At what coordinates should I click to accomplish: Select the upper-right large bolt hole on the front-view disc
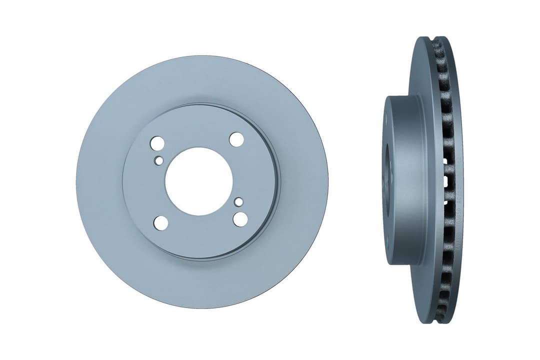(236, 139)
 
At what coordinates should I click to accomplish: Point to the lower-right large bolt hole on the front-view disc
(240, 218)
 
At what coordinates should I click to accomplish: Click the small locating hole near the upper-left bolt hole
(159, 160)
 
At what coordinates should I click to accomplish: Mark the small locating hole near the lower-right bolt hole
(239, 201)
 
